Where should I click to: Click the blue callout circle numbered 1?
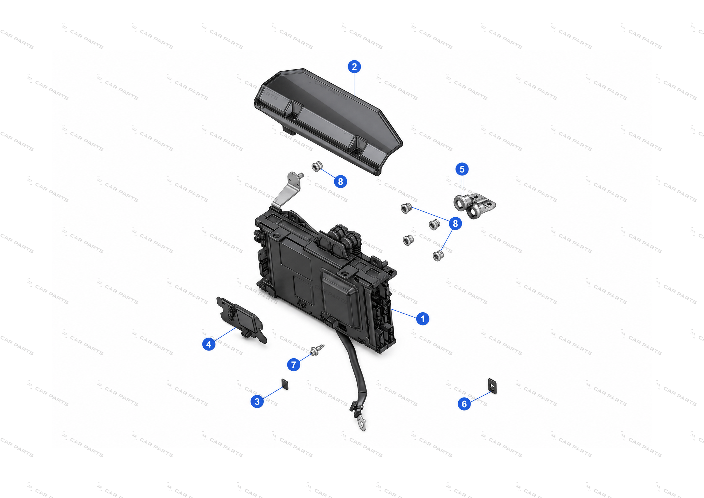coord(422,319)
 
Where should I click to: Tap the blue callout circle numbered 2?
coord(354,67)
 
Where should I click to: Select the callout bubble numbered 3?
coord(257,402)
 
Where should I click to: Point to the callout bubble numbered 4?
coord(209,344)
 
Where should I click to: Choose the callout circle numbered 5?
coord(462,169)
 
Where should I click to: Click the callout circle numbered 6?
coord(464,404)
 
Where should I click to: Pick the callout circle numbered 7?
coord(293,365)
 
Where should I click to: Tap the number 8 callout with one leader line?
coord(340,182)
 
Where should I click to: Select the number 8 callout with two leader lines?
coord(455,223)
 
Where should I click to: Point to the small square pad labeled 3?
coord(285,384)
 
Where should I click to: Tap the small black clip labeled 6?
coord(492,386)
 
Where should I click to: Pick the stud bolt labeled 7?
coord(317,350)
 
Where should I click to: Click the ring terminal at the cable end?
coord(362,424)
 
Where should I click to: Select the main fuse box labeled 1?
coord(325,282)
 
